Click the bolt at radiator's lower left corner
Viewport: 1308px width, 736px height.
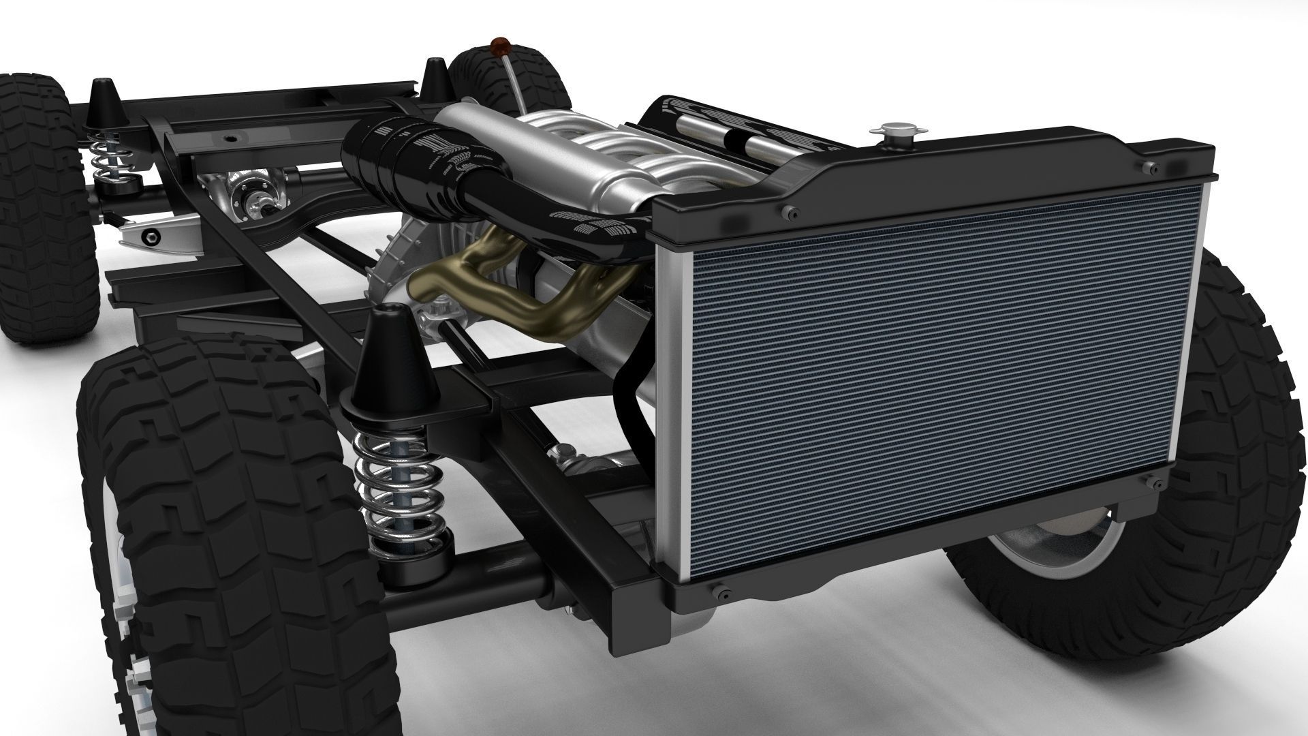(721, 592)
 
